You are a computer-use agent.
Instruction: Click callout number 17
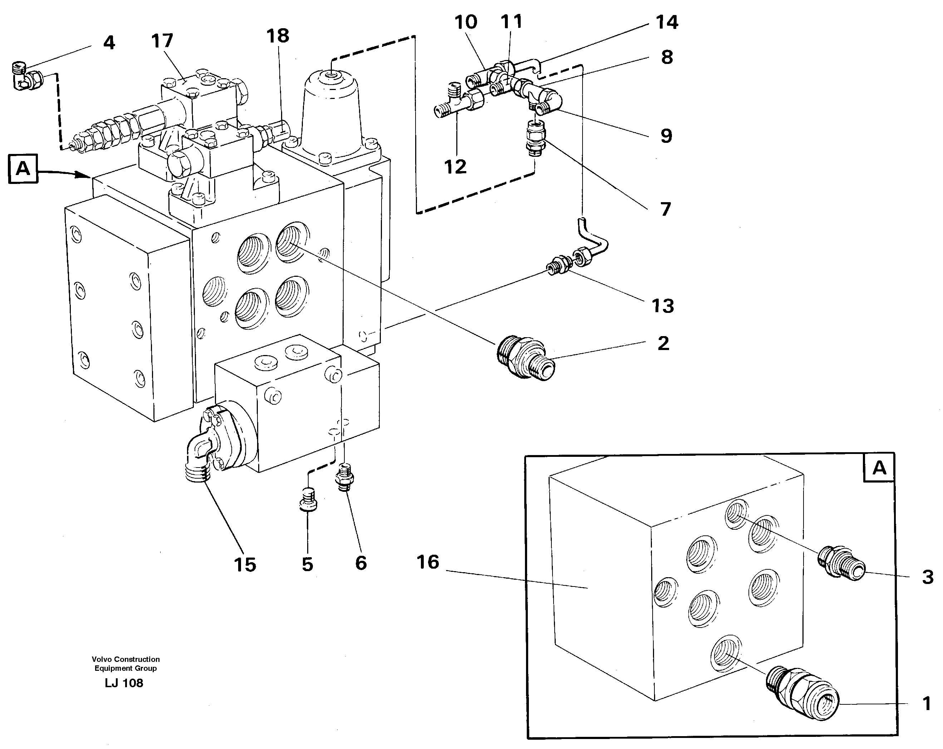click(162, 41)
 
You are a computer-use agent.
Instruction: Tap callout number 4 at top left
click(109, 43)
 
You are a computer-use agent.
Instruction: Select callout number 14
click(667, 22)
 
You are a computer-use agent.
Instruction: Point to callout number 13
click(663, 306)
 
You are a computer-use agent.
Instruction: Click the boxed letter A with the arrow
click(23, 168)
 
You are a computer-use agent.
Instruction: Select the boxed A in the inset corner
click(879, 468)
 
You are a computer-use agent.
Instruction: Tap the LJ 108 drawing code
click(124, 683)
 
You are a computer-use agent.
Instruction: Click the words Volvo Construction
click(126, 659)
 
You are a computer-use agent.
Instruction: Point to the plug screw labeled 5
click(308, 501)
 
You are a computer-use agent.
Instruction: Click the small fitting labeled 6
click(344, 478)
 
